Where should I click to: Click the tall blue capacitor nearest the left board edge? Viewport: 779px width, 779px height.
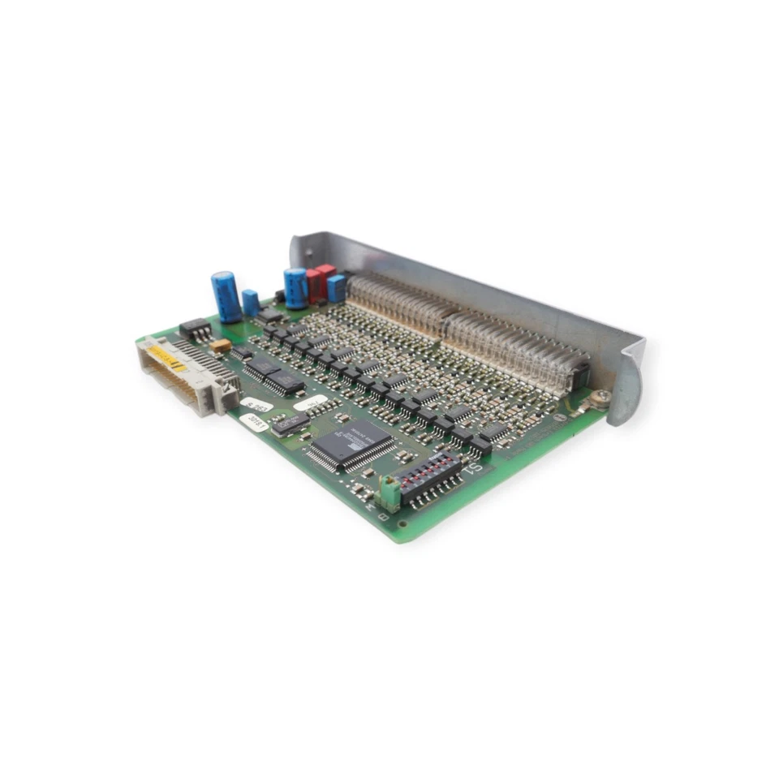tap(226, 296)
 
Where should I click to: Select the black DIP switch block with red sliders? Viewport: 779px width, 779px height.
tap(428, 479)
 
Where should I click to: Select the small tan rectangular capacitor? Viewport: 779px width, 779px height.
tap(221, 345)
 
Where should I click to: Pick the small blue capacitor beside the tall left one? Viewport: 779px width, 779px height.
tap(251, 303)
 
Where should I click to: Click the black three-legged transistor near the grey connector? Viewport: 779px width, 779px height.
tap(195, 329)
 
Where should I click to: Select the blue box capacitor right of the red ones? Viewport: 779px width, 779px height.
tap(336, 288)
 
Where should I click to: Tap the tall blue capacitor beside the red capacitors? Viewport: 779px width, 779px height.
tap(295, 287)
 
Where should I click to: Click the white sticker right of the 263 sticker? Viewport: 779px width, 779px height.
tap(310, 402)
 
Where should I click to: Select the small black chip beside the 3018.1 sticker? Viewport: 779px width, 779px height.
tap(291, 422)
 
